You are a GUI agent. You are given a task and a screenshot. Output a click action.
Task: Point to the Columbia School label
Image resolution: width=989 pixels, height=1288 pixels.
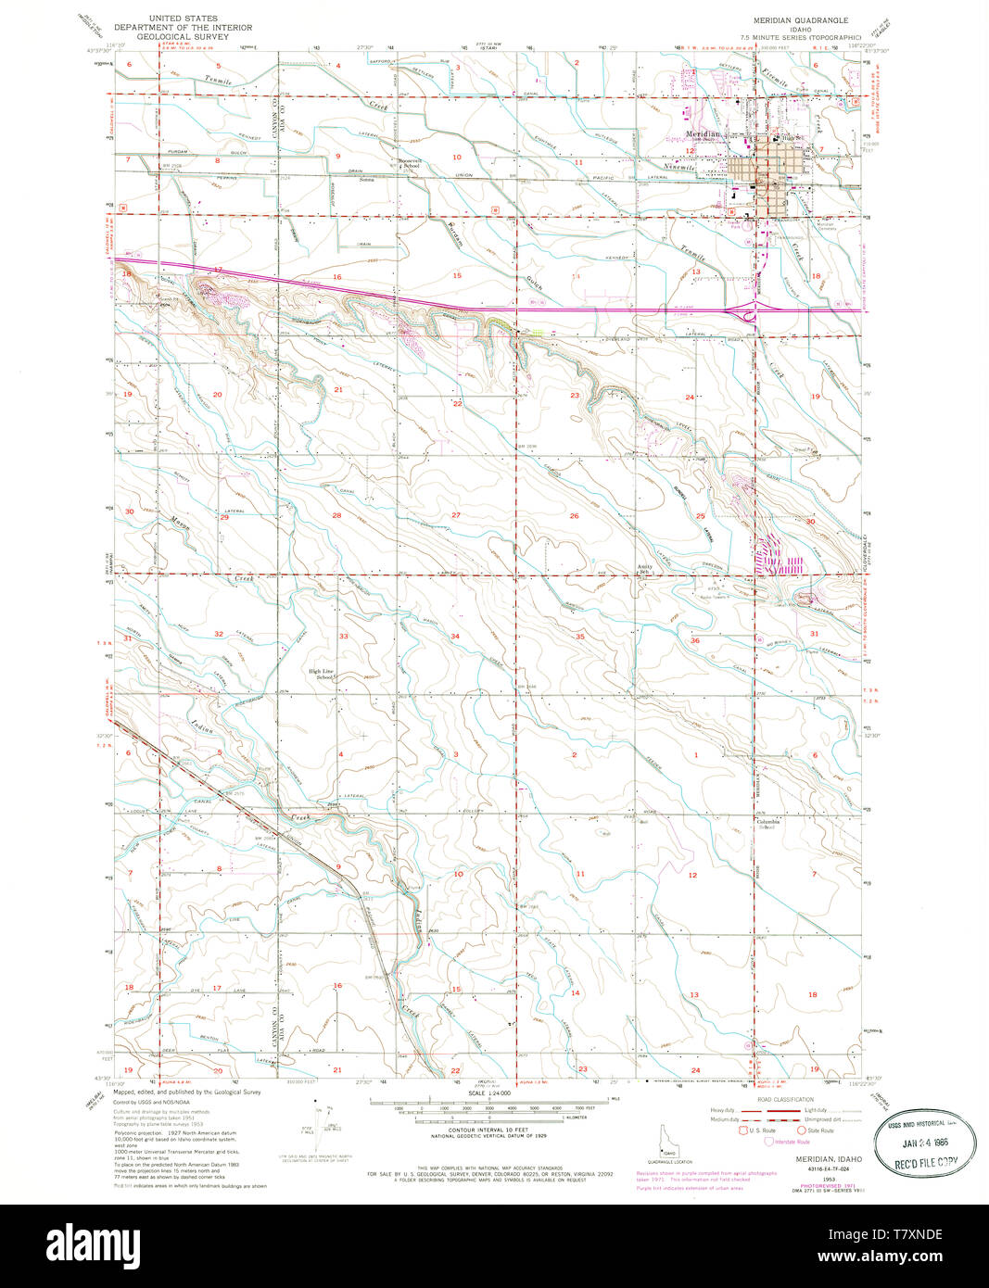[768, 823]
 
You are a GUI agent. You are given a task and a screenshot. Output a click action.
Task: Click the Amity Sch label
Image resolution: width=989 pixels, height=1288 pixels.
[645, 568]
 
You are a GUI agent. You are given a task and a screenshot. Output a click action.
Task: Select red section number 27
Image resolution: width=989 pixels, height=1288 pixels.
[456, 515]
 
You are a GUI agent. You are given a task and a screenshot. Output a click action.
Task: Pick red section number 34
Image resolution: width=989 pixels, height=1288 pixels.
[455, 637]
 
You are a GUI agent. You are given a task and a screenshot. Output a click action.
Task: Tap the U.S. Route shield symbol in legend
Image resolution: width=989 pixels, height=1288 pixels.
[742, 1130]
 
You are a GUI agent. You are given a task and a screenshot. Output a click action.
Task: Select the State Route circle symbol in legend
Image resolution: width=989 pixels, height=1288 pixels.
[801, 1130]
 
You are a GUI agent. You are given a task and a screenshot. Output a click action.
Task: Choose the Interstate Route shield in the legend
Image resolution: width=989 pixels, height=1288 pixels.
[769, 1142]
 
